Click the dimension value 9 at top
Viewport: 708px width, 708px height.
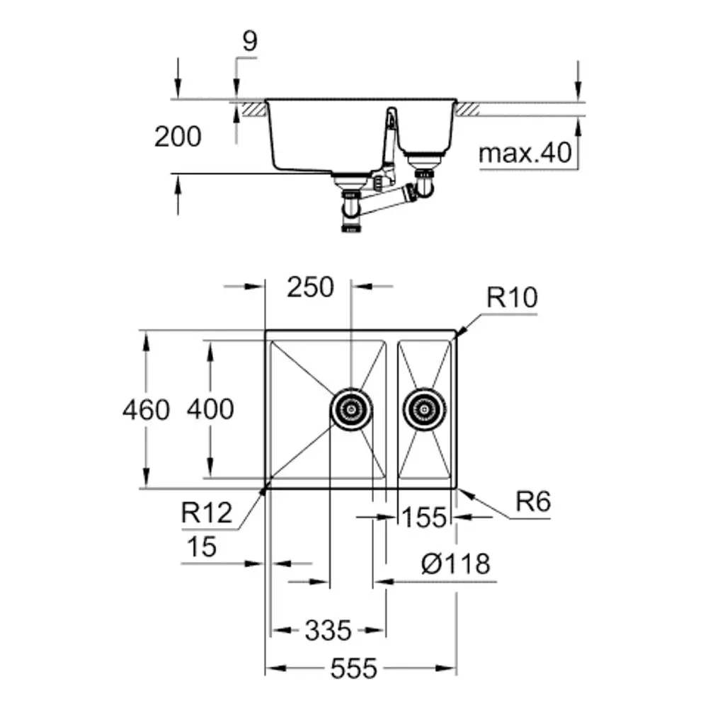tap(250, 41)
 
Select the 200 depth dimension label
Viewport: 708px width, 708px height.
tap(178, 137)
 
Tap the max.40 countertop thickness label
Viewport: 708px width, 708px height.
tap(525, 154)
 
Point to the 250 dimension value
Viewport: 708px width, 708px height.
tap(310, 287)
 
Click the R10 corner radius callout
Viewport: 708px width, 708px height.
tap(512, 297)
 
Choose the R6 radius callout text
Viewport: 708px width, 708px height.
tap(533, 502)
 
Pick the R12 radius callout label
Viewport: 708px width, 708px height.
tap(207, 513)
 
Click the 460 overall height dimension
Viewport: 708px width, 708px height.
tap(146, 410)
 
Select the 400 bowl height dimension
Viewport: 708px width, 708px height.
tap(210, 409)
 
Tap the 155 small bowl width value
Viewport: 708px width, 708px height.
tap(423, 518)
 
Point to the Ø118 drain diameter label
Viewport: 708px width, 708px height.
tap(455, 564)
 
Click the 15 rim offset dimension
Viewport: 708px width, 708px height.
tap(201, 547)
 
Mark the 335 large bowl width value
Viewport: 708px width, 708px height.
tap(328, 630)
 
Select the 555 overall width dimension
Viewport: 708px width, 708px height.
tap(353, 668)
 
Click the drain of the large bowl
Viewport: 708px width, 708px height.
tap(351, 409)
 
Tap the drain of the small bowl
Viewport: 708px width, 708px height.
tap(424, 409)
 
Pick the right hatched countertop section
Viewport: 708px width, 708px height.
tap(468, 109)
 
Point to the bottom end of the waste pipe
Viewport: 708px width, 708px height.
tap(352, 229)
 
